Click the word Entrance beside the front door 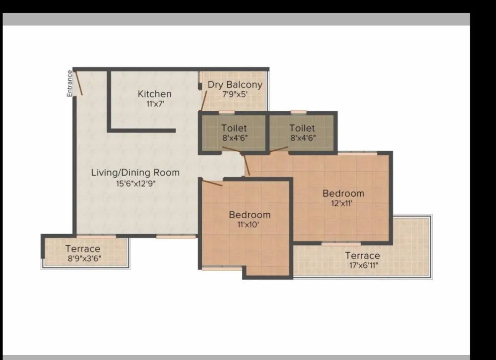coord(70,83)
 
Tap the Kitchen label coord(155,94)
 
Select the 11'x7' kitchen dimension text coord(155,103)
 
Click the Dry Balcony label coord(235,85)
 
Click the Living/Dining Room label coord(135,173)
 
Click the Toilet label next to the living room coord(234,129)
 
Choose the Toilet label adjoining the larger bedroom coord(302,129)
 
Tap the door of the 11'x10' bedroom coord(212,182)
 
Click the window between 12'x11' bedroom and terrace coord(341,244)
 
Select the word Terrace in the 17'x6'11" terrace coord(362,256)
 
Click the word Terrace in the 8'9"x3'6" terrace coord(82,249)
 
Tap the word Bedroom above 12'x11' coord(343,193)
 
